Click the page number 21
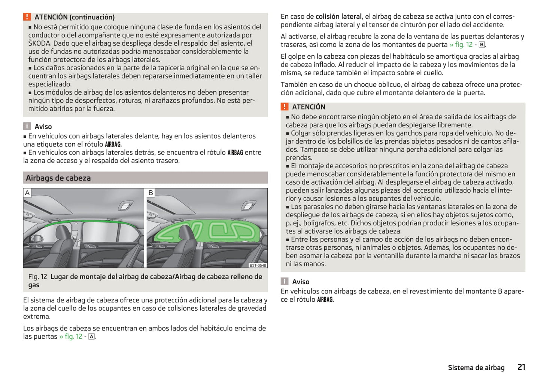(521, 367)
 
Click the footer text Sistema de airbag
(476, 368)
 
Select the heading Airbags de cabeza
(58, 178)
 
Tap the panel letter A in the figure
(27, 193)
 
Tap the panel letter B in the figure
(151, 193)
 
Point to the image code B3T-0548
(258, 265)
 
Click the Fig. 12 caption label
(37, 277)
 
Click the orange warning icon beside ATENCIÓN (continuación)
(27, 17)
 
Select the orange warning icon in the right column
(285, 107)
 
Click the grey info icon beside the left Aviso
(27, 126)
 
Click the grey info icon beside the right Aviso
(285, 282)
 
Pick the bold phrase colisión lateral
(338, 16)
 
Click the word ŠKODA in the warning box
(40, 43)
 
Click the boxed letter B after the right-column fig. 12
(482, 45)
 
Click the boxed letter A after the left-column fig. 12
(91, 337)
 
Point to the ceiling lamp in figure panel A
(124, 206)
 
